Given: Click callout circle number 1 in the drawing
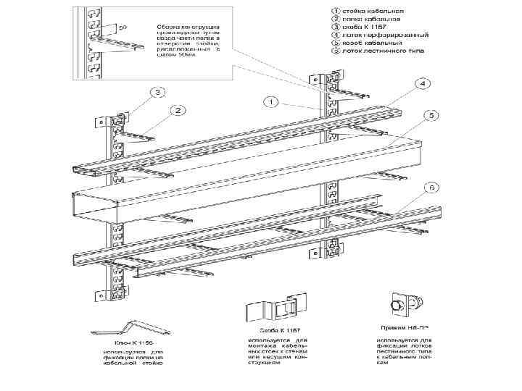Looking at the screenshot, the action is click(x=270, y=102).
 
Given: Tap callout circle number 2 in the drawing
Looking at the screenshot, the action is click(x=175, y=110).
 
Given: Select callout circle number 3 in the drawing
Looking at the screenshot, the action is click(x=157, y=92).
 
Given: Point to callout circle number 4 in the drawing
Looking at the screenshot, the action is click(x=421, y=83).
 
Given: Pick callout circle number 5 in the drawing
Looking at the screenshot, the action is click(x=431, y=115).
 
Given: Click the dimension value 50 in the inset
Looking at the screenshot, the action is click(x=123, y=28).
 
